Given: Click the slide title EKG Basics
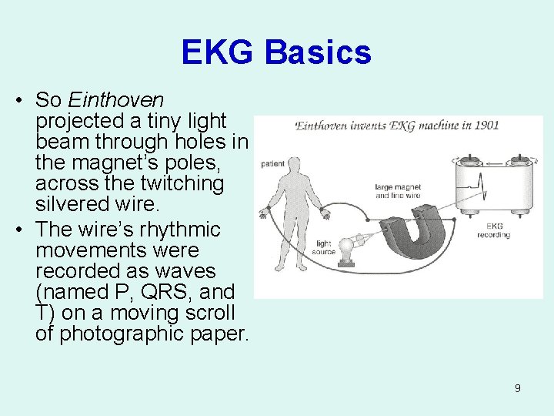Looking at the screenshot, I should [276, 52].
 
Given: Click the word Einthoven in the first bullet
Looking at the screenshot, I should [115, 100].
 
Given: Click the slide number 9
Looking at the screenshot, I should [517, 388].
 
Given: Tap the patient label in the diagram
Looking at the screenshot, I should [273, 163].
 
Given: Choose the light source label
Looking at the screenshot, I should [323, 248].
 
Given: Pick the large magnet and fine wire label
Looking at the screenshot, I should [398, 191].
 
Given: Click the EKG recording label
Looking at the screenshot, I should [498, 230].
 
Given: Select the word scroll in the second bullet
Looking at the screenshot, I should [208, 313].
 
